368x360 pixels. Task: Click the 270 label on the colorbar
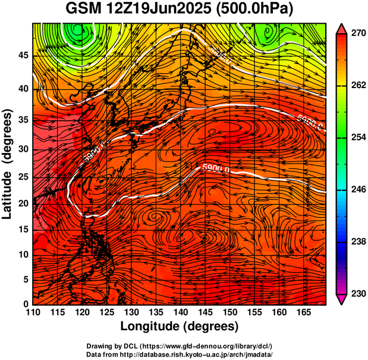(357, 33)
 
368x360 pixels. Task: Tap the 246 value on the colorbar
(357, 190)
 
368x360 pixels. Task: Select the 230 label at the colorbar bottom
(357, 293)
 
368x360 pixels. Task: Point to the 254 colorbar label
(357, 137)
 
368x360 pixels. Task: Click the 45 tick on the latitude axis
(23, 55)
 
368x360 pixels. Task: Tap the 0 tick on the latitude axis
(26, 304)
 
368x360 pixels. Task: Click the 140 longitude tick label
(180, 312)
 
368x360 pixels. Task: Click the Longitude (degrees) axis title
(180, 326)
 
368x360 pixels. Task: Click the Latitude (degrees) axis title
(8, 164)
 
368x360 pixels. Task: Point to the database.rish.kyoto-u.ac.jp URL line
(197, 354)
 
